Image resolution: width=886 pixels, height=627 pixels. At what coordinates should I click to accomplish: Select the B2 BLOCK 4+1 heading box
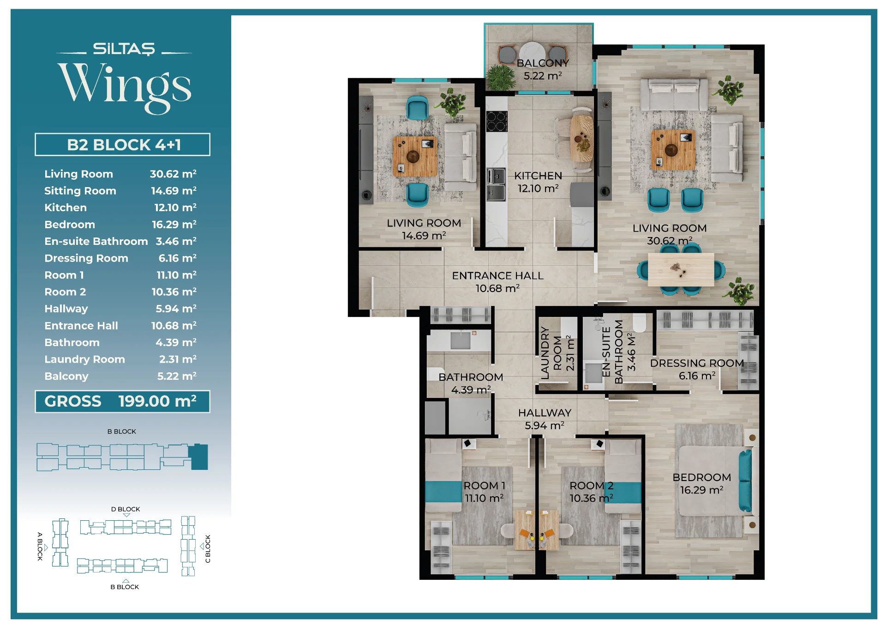pos(122,145)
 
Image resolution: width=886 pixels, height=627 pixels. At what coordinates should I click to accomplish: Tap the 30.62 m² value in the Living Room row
pos(173,174)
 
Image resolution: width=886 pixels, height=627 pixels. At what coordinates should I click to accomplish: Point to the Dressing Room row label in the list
pos(86,258)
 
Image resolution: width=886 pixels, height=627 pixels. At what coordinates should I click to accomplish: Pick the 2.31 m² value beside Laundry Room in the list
pos(178,359)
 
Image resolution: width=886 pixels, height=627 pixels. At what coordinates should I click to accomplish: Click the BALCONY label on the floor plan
pos(543,63)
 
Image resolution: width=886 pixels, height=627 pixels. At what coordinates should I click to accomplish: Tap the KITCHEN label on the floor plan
pos(538,176)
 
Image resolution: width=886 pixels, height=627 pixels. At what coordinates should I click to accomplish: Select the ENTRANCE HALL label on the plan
pos(497,275)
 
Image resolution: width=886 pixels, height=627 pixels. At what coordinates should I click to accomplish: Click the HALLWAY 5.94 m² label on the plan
pos(545,419)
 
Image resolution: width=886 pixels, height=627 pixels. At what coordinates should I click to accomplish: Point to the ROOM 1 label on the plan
pos(484,486)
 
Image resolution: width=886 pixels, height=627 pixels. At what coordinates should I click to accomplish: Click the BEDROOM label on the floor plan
pos(701,477)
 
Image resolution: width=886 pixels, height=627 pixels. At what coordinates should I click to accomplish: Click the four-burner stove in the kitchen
pos(497,122)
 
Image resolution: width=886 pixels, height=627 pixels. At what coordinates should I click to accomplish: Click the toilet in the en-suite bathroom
pos(639,323)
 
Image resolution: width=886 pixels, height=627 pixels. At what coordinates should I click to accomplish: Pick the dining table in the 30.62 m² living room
pos(681,269)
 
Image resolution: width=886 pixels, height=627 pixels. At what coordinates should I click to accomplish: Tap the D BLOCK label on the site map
pos(126,509)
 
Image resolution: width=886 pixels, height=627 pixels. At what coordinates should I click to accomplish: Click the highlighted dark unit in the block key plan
pos(199,457)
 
